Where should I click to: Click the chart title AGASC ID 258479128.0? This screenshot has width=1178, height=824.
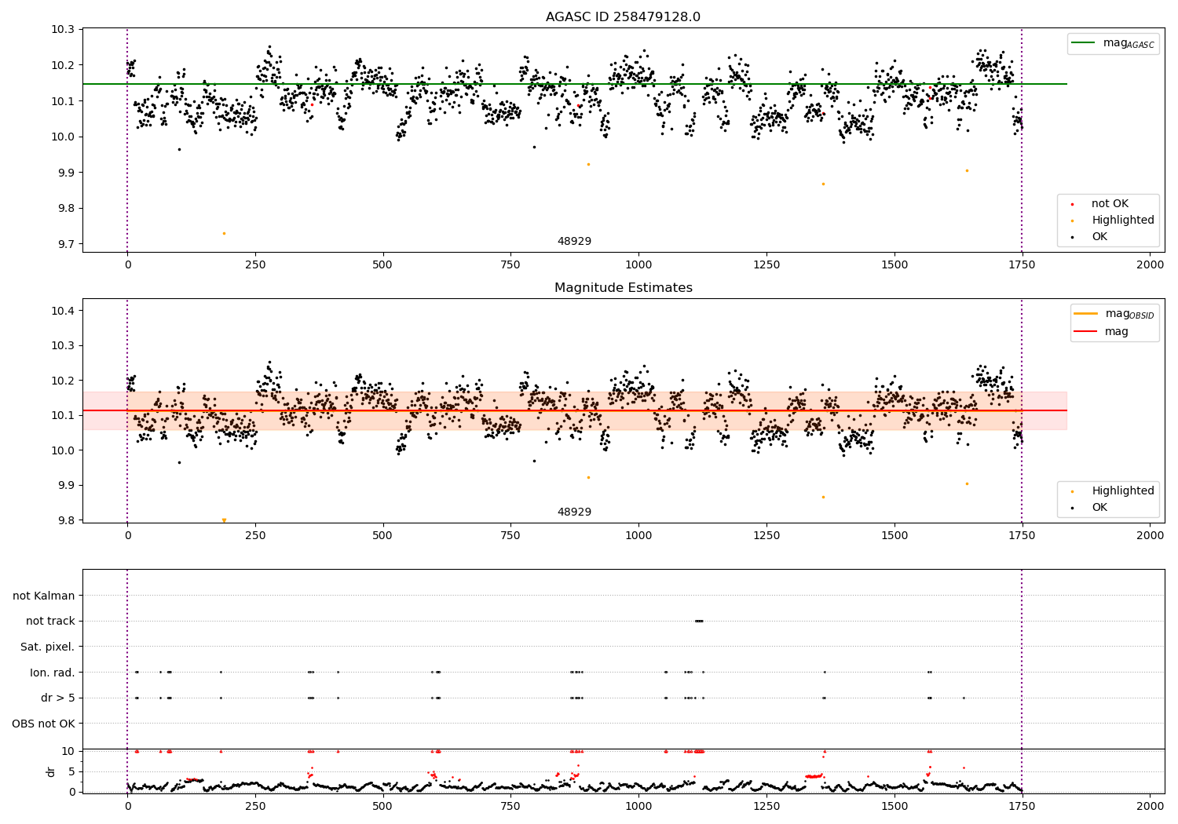coord(623,17)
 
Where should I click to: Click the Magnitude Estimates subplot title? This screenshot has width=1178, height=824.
coord(623,288)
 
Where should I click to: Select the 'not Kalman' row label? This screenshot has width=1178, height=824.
coord(43,596)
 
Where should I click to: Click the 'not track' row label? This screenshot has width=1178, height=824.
coord(50,621)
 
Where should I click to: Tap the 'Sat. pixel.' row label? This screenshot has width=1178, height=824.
coord(47,647)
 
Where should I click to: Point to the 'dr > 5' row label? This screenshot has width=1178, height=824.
coord(57,698)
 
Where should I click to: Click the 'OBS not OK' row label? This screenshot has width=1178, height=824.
coord(43,724)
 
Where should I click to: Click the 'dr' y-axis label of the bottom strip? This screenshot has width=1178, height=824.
coord(51,771)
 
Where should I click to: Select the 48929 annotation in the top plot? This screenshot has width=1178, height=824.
coord(574,241)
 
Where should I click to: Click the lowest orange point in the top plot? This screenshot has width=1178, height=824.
coord(224,233)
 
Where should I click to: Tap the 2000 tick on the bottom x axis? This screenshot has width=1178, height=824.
coord(1150,806)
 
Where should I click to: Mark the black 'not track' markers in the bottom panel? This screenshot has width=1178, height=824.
coord(699,621)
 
